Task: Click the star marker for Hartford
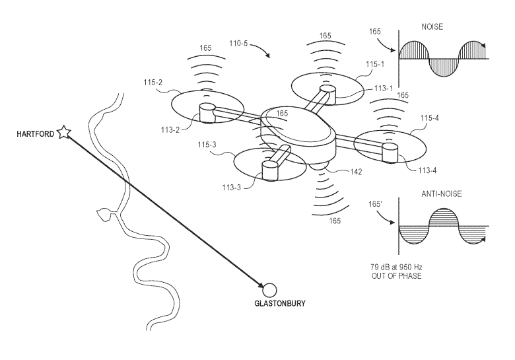(64, 133)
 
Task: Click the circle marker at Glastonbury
(269, 289)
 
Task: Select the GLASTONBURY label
(281, 305)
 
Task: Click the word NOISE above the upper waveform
(432, 28)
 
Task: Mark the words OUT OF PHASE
(396, 275)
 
